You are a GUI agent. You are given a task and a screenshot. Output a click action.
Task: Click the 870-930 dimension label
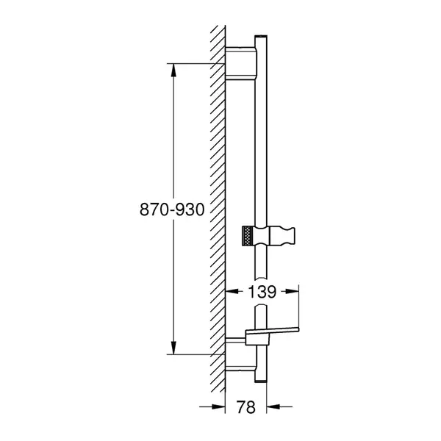[x=172, y=209]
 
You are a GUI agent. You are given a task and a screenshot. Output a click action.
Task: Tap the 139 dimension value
[x=262, y=292]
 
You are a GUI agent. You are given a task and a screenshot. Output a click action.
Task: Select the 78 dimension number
[x=245, y=407]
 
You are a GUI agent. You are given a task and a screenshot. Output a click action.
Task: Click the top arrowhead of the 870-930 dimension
[x=173, y=70]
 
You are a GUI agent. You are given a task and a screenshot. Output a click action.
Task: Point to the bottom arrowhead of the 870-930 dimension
[x=173, y=348]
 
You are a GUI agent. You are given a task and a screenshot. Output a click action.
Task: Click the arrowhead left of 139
[x=232, y=292]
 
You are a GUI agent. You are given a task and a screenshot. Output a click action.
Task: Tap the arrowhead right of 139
[x=292, y=292]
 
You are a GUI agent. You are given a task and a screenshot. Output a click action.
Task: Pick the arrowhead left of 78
[x=218, y=406]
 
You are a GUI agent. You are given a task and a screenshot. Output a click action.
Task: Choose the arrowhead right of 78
[x=273, y=406]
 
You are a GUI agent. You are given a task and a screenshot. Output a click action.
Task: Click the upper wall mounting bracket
[x=241, y=63]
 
